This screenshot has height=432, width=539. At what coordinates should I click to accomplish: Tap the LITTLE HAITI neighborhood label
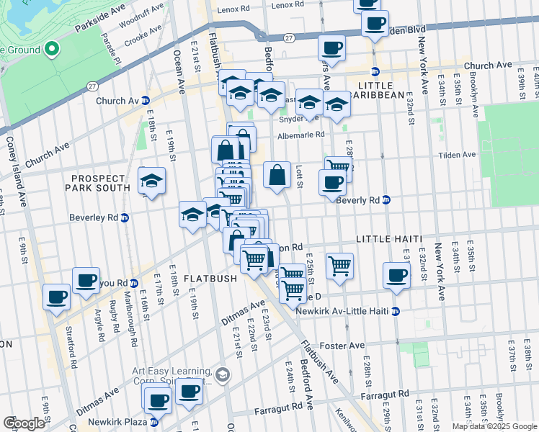[x=388, y=238]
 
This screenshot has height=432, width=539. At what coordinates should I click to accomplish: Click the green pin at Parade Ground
[x=51, y=49]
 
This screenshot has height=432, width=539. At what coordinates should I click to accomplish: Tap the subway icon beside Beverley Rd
[x=125, y=217]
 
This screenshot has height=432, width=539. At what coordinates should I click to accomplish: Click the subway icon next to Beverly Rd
[x=386, y=199]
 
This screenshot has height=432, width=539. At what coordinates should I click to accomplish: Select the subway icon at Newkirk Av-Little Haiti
[x=395, y=311]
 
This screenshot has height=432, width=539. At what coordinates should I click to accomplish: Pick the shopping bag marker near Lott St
[x=277, y=175]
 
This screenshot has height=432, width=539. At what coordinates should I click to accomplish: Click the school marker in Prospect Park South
[x=151, y=181]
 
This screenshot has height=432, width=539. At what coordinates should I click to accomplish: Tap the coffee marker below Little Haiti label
[x=396, y=275]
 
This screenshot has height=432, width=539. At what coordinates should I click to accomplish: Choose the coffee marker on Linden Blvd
[x=375, y=23]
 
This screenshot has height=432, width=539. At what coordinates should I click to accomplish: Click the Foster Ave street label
[x=347, y=346]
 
